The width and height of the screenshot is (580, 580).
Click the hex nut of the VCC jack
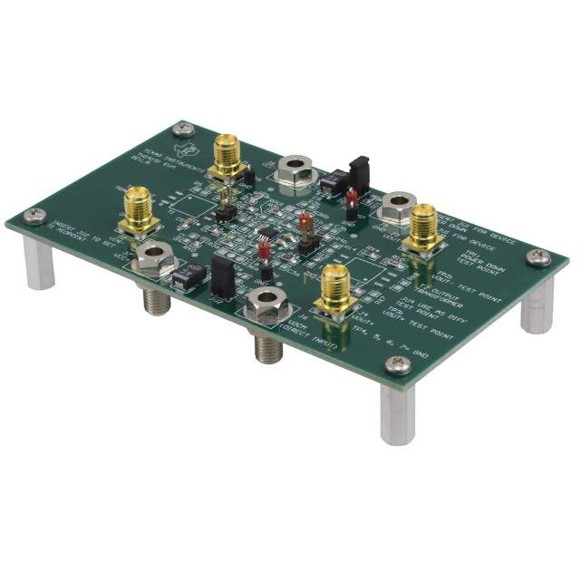[154, 260]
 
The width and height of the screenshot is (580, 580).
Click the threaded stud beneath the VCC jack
[155, 296]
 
